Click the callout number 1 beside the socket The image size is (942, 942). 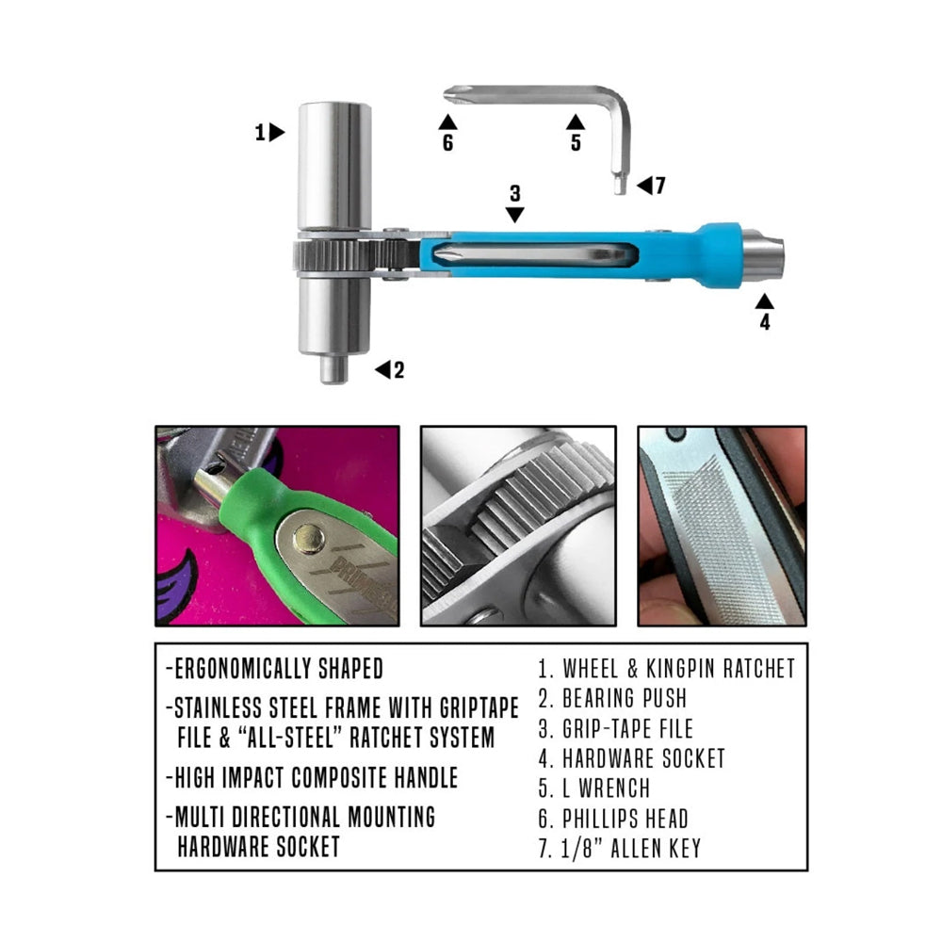(260, 132)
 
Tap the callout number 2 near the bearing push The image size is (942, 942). (398, 370)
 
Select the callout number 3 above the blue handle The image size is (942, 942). (515, 193)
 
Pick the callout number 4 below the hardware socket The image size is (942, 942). (764, 322)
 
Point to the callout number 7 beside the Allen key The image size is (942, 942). (660, 186)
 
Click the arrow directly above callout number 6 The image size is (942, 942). (447, 122)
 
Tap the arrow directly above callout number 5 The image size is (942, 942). (576, 122)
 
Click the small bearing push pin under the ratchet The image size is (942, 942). (333, 369)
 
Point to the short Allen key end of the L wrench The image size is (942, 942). (620, 182)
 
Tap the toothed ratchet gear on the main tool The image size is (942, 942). (333, 254)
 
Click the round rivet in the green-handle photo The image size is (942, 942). (309, 539)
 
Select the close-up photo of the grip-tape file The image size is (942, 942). (722, 527)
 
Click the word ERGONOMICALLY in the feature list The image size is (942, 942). (243, 669)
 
